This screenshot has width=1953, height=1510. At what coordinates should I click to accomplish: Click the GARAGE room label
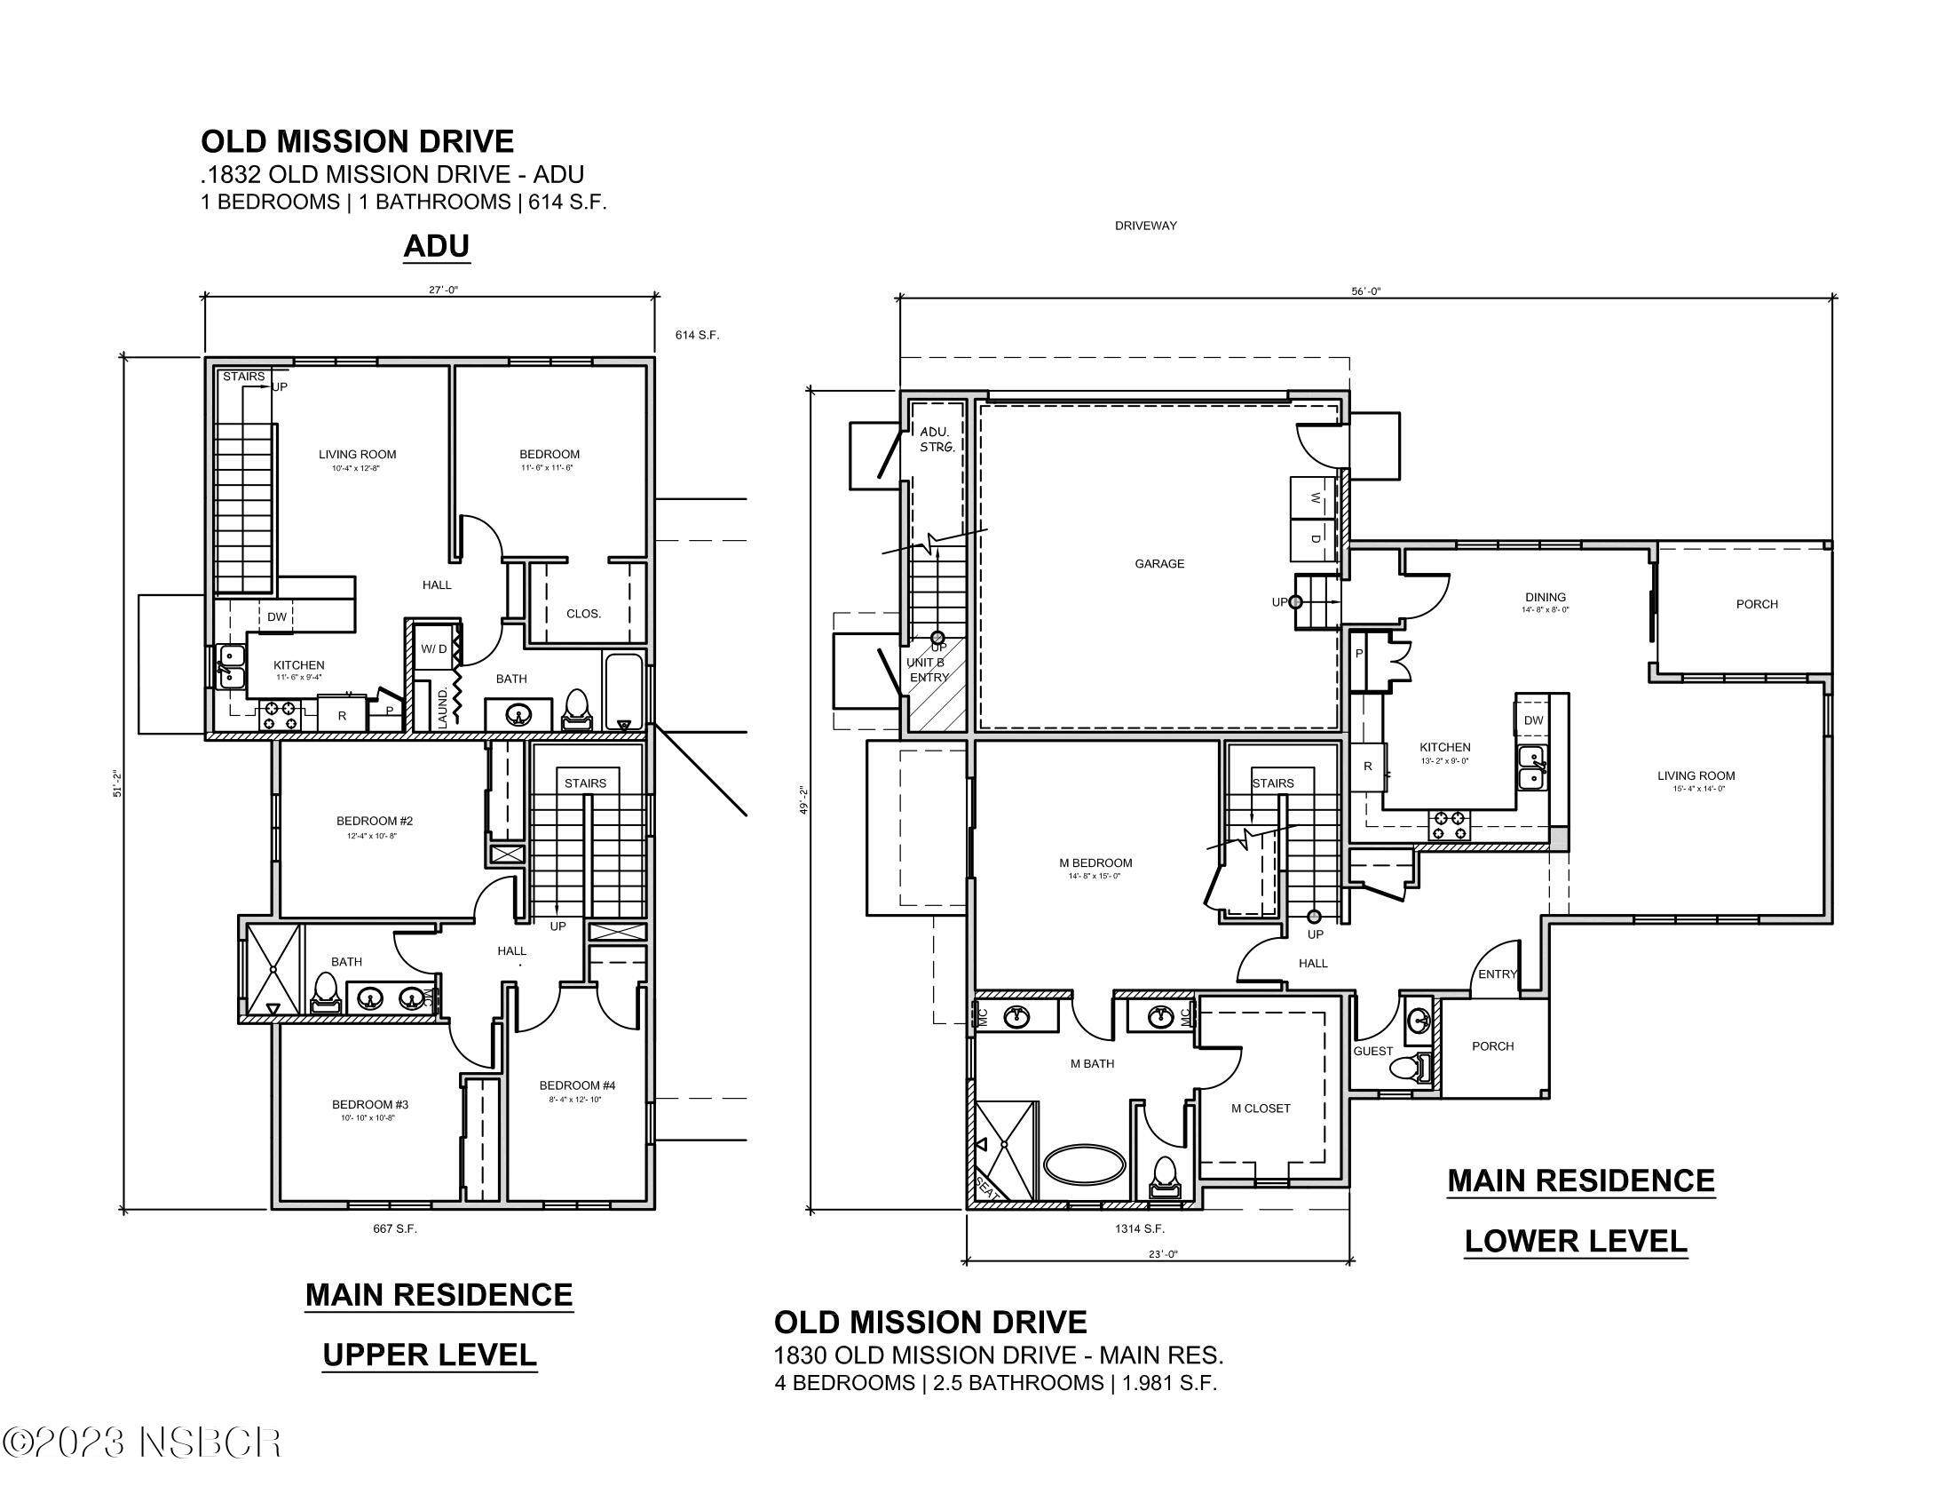coord(1158,563)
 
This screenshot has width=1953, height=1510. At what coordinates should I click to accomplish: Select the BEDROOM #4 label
coord(577,1085)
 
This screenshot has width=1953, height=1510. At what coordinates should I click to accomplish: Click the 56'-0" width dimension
coord(1365,290)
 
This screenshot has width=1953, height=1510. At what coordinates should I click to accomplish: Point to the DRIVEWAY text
coord(1145,226)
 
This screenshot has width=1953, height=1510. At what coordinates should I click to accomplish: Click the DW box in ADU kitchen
coord(277,616)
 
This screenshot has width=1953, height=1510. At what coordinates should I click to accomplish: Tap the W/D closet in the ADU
coord(434,649)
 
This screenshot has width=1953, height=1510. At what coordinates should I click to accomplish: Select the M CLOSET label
coord(1260,1109)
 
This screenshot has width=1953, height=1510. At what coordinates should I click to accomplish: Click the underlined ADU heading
coord(437,245)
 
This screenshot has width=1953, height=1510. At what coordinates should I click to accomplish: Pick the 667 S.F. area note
coord(394,1228)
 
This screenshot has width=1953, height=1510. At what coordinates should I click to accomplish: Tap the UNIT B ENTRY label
coord(927,669)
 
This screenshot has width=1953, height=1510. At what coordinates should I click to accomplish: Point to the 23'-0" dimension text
coord(1163,1254)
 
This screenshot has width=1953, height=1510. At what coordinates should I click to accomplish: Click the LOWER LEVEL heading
coord(1576,1241)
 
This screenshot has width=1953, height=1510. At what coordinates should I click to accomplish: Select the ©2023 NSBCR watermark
coord(141,1442)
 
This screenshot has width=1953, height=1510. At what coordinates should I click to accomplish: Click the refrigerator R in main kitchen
coord(1367,767)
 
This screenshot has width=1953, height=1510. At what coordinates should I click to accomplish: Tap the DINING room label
coord(1546,597)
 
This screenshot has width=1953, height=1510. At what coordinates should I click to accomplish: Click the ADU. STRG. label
coord(937,438)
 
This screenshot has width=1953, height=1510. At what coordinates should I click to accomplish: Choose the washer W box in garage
coord(1313,499)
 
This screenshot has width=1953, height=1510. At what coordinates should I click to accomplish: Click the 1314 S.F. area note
coord(1139,1228)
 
